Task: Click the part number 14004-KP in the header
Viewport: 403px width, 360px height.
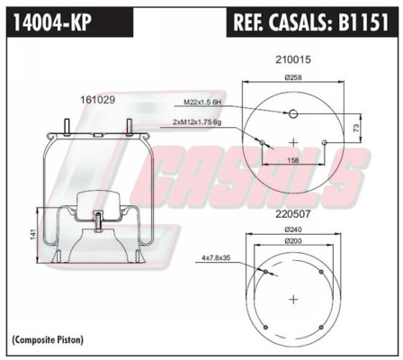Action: tap(52, 22)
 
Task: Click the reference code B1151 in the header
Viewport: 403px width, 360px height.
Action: tap(363, 22)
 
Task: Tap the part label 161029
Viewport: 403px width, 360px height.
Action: tap(97, 100)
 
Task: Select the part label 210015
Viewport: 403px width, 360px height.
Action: tap(293, 59)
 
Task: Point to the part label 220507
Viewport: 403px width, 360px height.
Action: tap(293, 214)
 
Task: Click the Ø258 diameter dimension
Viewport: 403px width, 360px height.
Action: tap(293, 77)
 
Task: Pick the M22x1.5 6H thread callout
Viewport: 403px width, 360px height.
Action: tap(202, 103)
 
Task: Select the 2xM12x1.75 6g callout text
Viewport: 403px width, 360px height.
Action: tap(197, 122)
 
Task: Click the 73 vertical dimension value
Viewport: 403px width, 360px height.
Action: tap(356, 129)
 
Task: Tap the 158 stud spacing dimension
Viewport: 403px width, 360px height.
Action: tap(293, 160)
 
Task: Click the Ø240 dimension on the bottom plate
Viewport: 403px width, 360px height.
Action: tap(293, 229)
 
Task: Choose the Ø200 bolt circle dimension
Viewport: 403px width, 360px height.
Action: tap(293, 241)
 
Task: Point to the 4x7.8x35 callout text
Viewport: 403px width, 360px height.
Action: tap(216, 257)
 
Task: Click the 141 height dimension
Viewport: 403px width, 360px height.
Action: tap(33, 234)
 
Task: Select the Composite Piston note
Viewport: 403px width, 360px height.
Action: tap(48, 340)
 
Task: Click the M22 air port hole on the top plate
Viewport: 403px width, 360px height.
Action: tap(293, 113)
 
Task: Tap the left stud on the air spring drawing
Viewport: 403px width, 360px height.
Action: tap(67, 127)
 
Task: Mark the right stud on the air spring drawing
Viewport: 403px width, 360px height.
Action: tap(130, 127)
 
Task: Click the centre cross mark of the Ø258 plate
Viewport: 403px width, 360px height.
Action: tap(293, 142)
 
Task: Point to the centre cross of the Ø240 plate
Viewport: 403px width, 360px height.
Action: tap(293, 299)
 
